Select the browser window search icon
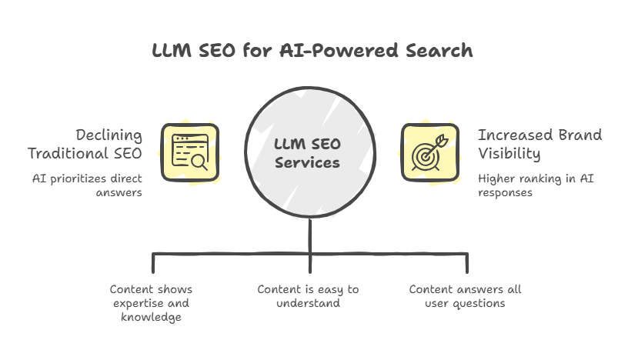[x=189, y=151]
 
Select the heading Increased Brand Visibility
[x=539, y=144]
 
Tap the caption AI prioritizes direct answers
[x=86, y=185]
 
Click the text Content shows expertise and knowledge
[x=151, y=303]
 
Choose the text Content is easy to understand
[x=308, y=296]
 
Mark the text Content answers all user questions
[x=465, y=296]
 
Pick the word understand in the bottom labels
[x=308, y=303]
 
